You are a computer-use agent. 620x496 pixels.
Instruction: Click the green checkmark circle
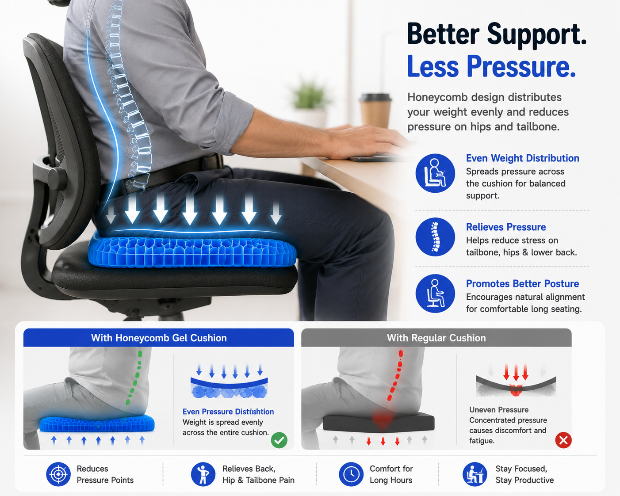pos(279,440)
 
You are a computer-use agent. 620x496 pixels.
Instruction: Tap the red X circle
pos(563,440)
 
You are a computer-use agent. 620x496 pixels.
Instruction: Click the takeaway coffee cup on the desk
pos(375,111)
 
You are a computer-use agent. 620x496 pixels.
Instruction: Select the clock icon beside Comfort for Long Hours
pos(351,474)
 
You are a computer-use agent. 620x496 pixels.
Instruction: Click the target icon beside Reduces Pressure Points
pos(58,474)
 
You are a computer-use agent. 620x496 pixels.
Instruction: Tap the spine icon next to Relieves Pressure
pos(435,237)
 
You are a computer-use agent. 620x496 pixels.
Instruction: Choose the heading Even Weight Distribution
pos(522,158)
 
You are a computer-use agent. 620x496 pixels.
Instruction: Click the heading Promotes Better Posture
pos(522,284)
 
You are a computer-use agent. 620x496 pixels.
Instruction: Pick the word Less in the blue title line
pos(433,67)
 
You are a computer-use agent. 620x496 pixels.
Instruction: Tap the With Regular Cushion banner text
pos(436,338)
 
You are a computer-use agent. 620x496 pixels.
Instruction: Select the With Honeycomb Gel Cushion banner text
pos(159,338)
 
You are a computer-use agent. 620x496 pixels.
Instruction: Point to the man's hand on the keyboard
pos(366,141)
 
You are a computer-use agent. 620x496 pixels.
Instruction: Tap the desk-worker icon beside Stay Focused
pos(475,474)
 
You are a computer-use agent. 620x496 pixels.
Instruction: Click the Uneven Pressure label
pos(499,410)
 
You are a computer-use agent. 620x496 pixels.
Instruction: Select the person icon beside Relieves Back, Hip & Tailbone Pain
pos(203,474)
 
